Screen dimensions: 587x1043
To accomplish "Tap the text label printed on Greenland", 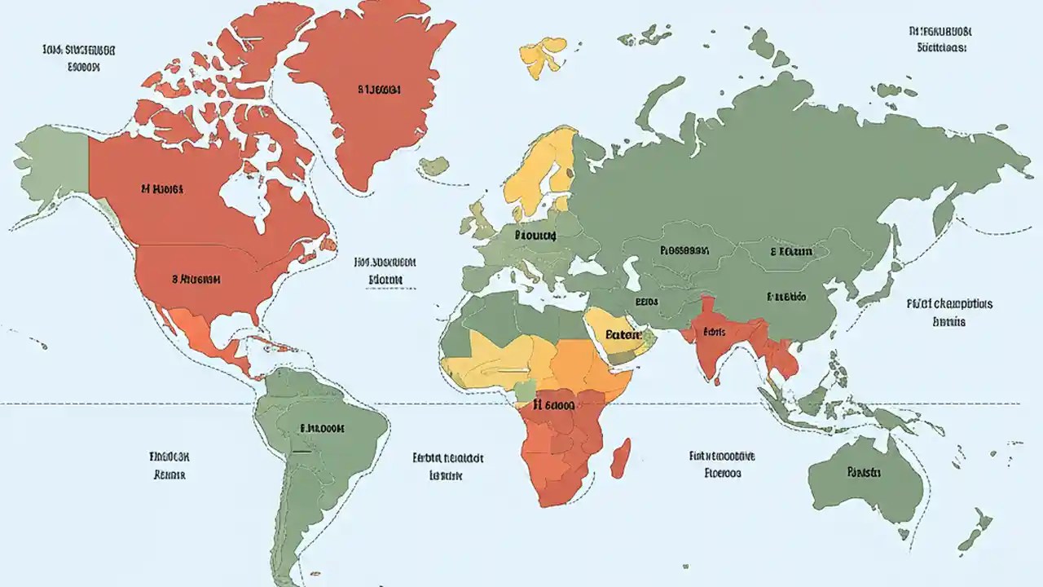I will pyautogui.click(x=379, y=90).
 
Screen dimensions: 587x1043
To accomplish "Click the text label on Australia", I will pyautogui.click(x=864, y=471).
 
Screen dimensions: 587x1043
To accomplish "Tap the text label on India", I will pyautogui.click(x=715, y=332).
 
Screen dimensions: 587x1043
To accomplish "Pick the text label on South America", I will pyautogui.click(x=322, y=427).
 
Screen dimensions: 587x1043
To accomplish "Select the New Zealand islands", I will pyautogui.click(x=975, y=530).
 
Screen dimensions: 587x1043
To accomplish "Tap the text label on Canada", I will pyautogui.click(x=161, y=188).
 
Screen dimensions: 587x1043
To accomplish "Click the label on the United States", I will pyautogui.click(x=196, y=278).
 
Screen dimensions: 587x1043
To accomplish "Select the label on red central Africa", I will pyautogui.click(x=554, y=404).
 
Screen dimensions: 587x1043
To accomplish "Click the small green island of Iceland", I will pyautogui.click(x=434, y=166).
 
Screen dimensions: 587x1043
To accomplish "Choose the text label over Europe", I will pyautogui.click(x=535, y=235).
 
